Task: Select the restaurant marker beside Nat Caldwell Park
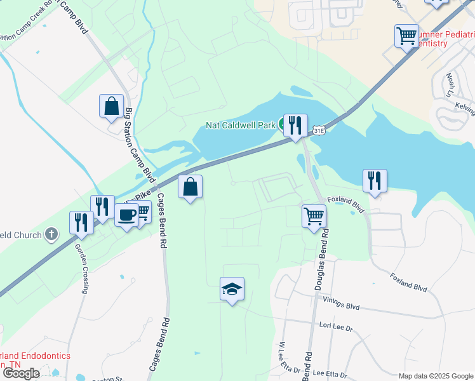point(295,125)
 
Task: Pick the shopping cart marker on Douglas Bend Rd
point(314,216)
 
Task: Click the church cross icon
point(51,235)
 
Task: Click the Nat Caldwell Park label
point(241,125)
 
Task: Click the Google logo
point(20,373)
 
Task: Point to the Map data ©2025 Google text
point(435,376)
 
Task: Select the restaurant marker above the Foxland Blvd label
point(375,180)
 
